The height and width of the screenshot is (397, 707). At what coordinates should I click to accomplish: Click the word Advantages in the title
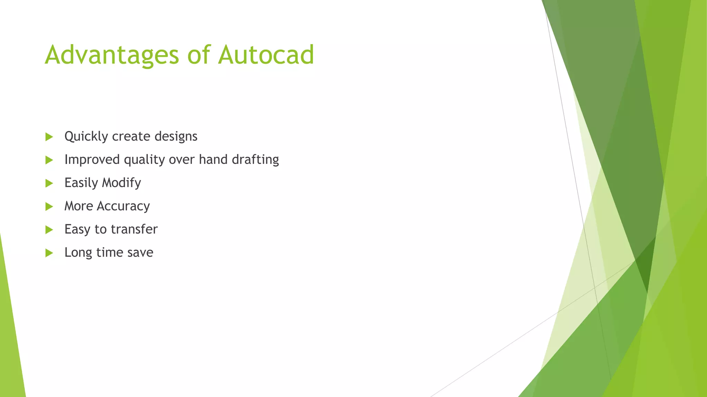(112, 55)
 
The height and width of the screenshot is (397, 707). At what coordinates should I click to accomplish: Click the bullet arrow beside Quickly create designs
(49, 137)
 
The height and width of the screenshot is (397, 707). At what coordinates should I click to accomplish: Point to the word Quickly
(86, 136)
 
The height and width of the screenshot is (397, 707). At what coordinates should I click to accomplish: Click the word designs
(176, 136)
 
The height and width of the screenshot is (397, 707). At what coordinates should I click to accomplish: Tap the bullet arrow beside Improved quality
(49, 160)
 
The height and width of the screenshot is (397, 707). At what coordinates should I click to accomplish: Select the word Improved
(92, 160)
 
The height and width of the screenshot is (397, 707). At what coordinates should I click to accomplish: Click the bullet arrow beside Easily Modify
(49, 183)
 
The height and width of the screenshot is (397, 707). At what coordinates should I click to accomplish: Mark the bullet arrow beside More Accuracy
(49, 206)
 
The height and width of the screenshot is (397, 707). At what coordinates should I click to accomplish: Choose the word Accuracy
(123, 206)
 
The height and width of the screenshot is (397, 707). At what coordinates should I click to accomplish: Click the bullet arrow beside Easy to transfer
(49, 230)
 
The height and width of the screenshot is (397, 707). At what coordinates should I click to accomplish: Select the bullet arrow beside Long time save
(49, 253)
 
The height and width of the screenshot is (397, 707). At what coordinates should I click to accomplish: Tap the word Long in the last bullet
(78, 253)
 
